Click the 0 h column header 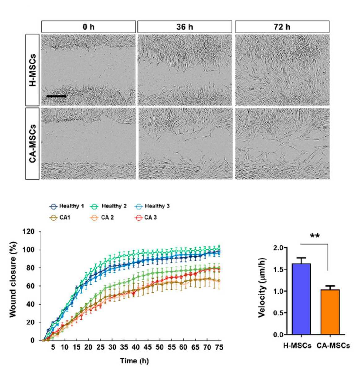click(89, 27)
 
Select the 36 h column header click(185, 27)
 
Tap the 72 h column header click(282, 27)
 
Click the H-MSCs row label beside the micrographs click(33, 70)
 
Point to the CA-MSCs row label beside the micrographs click(33, 144)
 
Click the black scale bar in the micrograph click(56, 96)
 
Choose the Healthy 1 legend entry click(67, 206)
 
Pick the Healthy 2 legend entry click(108, 206)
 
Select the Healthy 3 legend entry click(151, 206)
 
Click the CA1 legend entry click(59, 218)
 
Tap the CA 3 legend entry click(145, 218)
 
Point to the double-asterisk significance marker click(315, 236)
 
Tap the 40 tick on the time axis click(136, 347)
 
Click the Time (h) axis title click(134, 361)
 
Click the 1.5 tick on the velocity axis click(278, 269)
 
